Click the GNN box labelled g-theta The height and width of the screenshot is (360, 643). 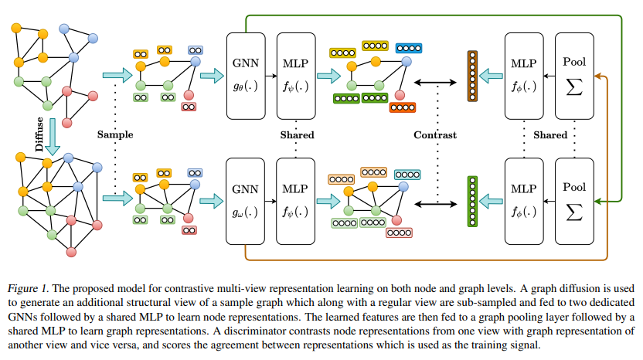coord(246,76)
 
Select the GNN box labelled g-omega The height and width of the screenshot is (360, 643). coord(245,202)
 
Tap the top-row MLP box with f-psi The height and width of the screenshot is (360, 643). coord(296,76)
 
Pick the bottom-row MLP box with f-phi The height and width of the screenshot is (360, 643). coord(524,202)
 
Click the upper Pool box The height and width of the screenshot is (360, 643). coord(574,76)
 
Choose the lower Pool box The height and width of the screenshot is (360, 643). coord(574,202)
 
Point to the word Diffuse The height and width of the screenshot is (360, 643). coord(39,134)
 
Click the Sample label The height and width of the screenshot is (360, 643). coord(115,134)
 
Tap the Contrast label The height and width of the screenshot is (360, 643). coord(435,135)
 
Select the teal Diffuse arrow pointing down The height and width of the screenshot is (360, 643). coord(53,137)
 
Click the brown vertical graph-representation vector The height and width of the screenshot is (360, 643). coord(472,76)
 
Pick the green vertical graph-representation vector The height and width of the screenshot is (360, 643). coord(472,202)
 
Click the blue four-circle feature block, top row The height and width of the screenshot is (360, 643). coord(409,48)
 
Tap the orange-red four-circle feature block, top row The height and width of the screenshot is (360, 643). coord(403,107)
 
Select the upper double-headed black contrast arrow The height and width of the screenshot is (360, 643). coord(435,83)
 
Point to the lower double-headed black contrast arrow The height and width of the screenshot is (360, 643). coord(435,204)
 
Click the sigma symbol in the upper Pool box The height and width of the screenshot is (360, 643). coord(574,87)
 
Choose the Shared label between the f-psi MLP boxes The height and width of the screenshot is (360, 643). coord(298,135)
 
